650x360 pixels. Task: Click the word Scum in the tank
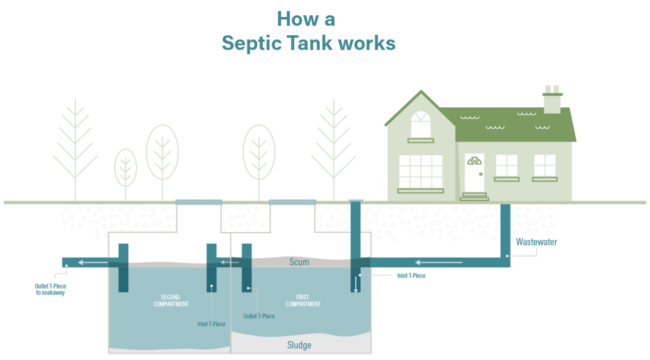coord(299,262)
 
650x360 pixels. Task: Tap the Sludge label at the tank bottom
coord(299,345)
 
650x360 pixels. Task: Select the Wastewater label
coord(536,242)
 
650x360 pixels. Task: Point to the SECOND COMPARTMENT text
coord(171,300)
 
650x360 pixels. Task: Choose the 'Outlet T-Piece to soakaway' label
coord(50,289)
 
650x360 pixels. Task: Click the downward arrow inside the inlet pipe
coord(355,285)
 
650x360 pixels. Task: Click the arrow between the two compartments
coord(230,263)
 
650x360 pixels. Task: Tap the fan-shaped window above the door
coord(474,161)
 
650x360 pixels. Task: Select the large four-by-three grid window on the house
coord(420,171)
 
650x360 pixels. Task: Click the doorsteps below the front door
coord(474,197)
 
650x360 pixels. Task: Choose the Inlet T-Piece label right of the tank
coord(411,276)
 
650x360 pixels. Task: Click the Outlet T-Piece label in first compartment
coord(259,316)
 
